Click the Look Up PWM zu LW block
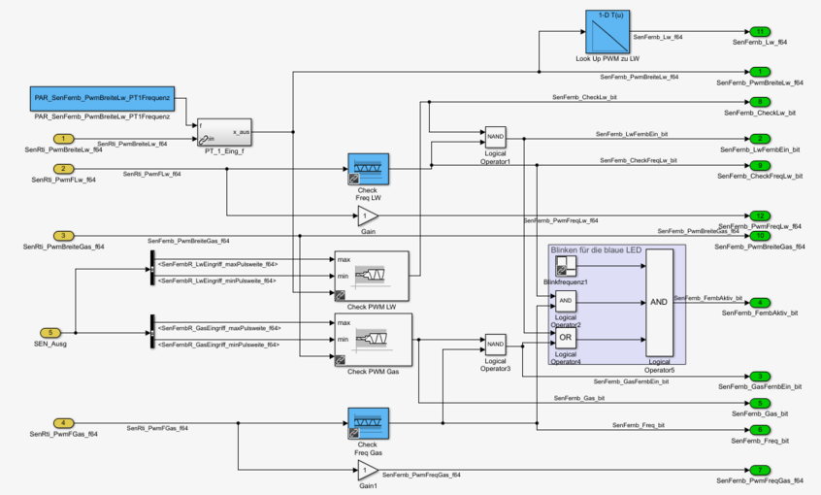[x=608, y=32]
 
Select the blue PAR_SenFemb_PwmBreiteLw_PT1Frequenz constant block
[x=102, y=99]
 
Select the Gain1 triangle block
[x=367, y=471]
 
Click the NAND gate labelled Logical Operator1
[x=495, y=136]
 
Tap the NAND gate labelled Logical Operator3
[x=495, y=344]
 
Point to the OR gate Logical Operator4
[x=566, y=338]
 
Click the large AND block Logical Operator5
[x=658, y=302]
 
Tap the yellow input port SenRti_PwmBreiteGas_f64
[x=63, y=236]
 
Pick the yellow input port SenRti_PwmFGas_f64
[x=63, y=423]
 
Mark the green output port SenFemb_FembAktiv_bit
[x=761, y=303]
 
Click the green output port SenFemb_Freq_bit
[x=761, y=430]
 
